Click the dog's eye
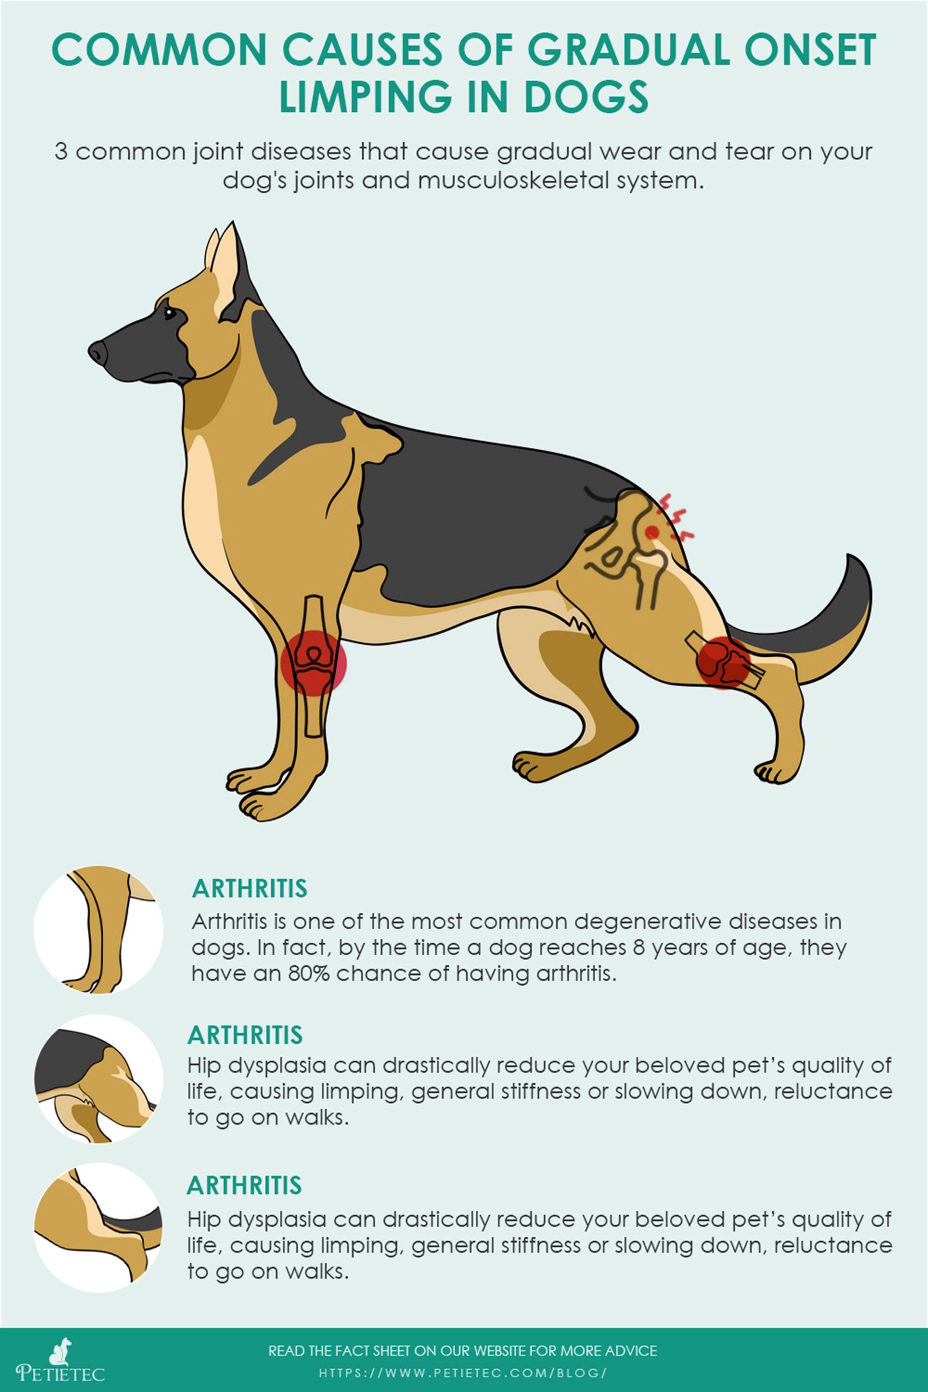169,312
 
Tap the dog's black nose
98,353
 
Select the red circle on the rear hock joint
723,662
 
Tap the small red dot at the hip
652,532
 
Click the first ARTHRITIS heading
250,888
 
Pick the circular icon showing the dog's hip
98,1078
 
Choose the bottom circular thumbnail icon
98,1228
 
